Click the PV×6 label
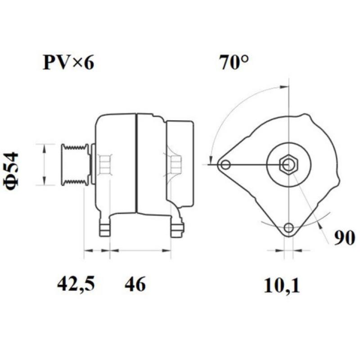coord(68,63)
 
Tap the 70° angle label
coord(234,63)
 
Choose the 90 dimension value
coord(344,237)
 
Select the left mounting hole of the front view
coord(226,165)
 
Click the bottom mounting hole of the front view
coord(289,227)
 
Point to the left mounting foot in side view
coord(105,227)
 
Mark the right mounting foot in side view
coord(176,227)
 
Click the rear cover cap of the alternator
coord(181,164)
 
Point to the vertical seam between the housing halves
coord(136,164)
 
